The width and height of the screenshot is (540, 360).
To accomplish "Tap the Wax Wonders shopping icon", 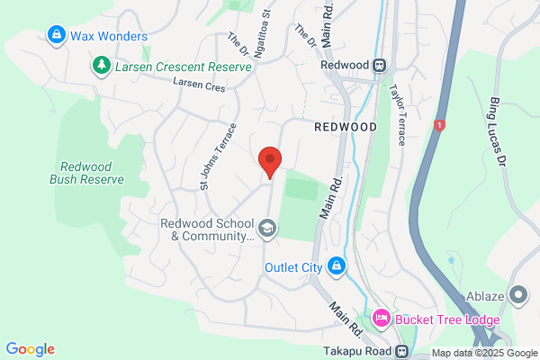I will click(x=56, y=35).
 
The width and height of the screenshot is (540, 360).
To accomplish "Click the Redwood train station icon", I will click(x=380, y=65).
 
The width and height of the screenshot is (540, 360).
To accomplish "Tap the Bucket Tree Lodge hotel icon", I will click(x=381, y=317).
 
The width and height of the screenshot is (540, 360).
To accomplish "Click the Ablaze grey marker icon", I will click(x=517, y=295).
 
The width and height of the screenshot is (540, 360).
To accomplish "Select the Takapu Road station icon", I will click(x=401, y=352).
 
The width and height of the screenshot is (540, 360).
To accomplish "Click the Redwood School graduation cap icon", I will click(x=266, y=229).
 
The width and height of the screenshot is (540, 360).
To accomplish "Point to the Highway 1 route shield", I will click(x=439, y=123).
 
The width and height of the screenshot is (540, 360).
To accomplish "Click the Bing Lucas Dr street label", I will click(x=499, y=130).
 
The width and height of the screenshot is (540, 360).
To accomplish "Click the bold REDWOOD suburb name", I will click(x=346, y=128).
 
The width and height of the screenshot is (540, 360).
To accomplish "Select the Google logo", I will click(x=30, y=349).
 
